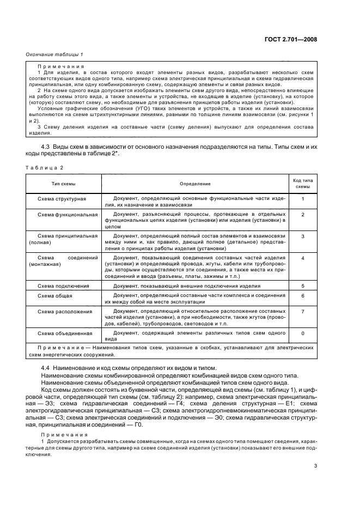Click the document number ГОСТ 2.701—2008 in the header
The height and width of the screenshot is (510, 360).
(290, 39)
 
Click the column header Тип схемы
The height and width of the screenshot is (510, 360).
(63, 184)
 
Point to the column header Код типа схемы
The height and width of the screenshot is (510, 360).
(302, 184)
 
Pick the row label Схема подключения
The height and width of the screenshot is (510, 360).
(63, 285)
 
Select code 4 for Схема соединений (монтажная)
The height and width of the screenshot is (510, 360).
(302, 257)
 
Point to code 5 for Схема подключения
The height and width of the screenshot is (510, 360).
(302, 285)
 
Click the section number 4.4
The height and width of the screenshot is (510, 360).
(47, 369)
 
